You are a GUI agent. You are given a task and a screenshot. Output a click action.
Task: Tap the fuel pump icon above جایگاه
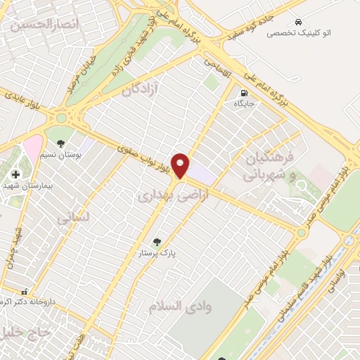tap(244, 92)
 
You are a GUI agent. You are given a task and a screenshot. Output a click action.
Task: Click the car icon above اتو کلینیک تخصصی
tap(300, 22)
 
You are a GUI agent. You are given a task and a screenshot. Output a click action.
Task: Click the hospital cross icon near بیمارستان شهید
tap(15, 174)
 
